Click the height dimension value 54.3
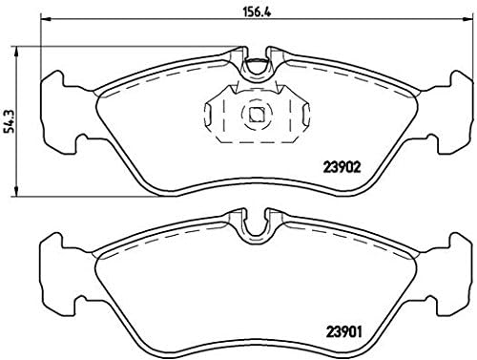(x=10, y=119)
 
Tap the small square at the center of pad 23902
(x=255, y=116)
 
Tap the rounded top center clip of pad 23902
(x=255, y=67)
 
